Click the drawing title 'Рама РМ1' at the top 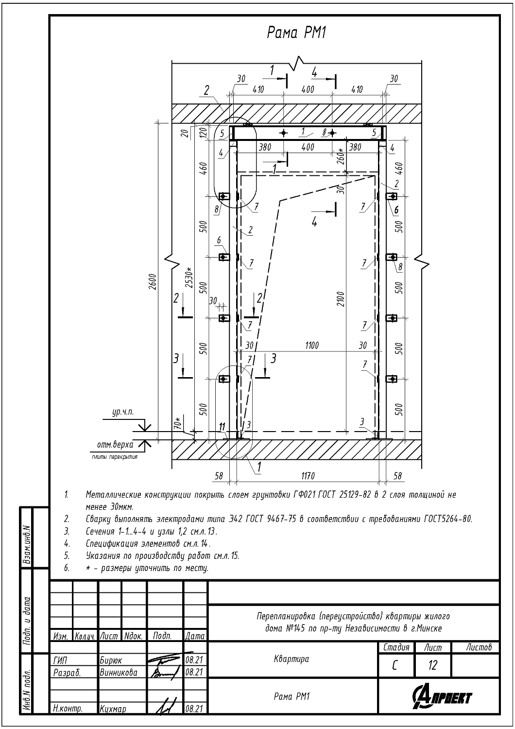[296, 33]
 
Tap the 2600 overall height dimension [152, 281]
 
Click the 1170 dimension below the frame [308, 476]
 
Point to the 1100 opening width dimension [311, 346]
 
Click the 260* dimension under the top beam [341, 157]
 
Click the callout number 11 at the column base [223, 427]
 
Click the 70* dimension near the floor [179, 423]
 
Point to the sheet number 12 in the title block [432, 665]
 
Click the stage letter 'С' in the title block [395, 665]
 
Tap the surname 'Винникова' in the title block [119, 673]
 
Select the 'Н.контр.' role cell [67, 709]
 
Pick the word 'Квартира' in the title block [292, 660]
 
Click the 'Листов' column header [479, 647]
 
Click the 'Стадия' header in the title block [396, 647]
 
